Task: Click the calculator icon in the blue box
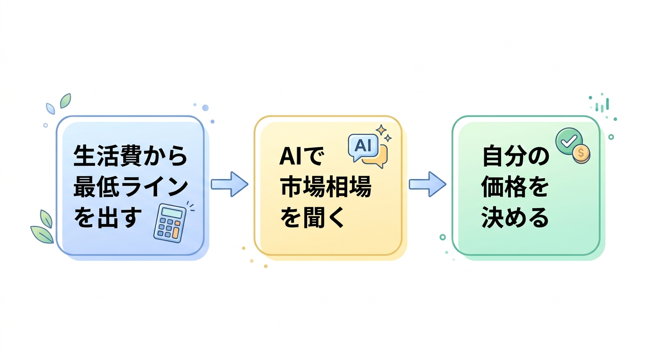170,222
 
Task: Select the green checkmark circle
568,140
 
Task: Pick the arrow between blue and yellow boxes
229,184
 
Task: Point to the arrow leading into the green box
427,184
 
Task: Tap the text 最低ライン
130,187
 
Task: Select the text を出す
108,218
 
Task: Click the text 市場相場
325,187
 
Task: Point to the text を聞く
312,218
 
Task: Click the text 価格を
515,187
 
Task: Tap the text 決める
515,218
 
